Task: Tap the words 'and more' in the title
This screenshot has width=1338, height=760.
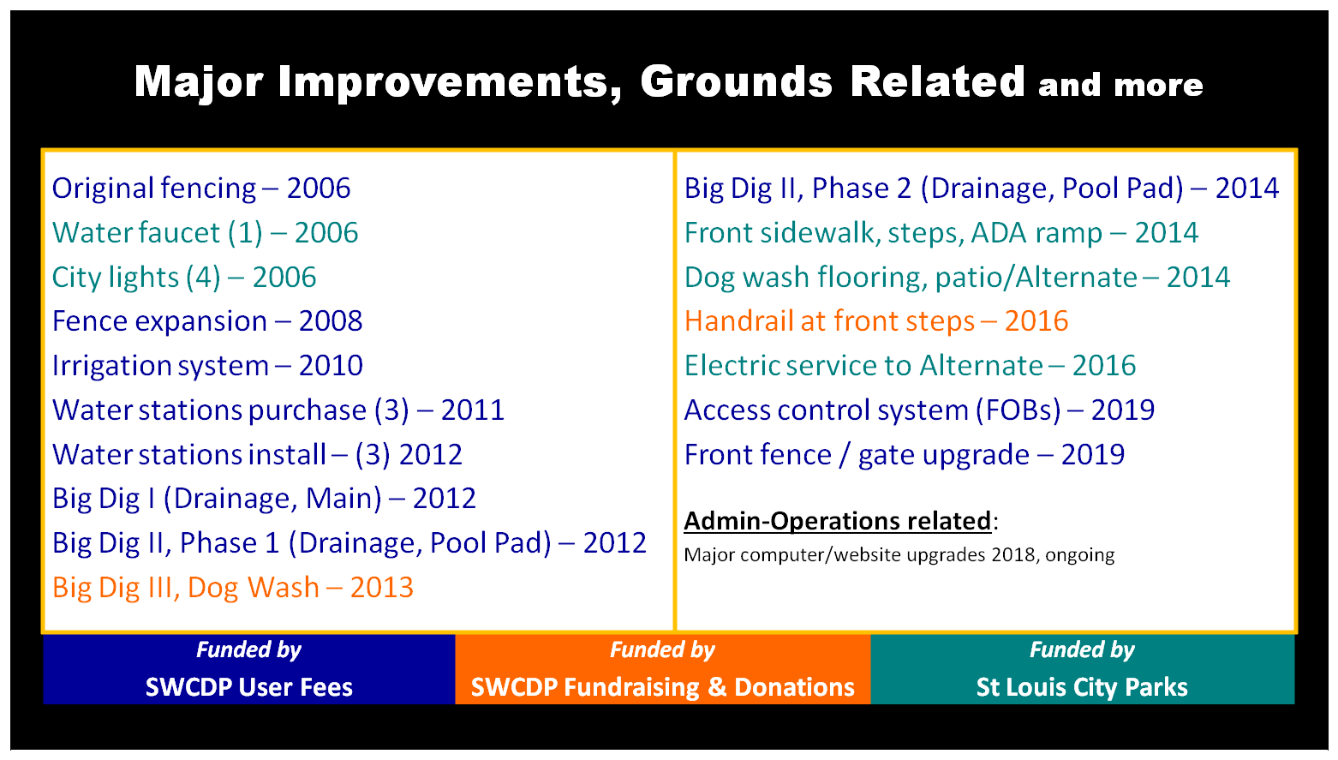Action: coord(1120,86)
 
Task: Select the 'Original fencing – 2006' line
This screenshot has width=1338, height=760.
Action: coord(201,189)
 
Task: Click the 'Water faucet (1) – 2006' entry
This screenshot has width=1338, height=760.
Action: coord(205,233)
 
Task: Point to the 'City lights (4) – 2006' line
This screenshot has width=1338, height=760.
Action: coord(184,278)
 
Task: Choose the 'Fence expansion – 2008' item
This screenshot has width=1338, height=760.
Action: coord(207,321)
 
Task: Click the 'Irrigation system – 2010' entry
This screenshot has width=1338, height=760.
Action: coord(207,366)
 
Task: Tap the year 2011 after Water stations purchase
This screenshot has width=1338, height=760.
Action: coord(473,410)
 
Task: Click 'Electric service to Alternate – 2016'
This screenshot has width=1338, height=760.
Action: coord(910,366)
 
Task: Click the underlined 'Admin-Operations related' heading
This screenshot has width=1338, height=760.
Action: coord(838,521)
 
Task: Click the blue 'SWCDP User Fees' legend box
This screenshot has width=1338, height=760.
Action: coord(249,669)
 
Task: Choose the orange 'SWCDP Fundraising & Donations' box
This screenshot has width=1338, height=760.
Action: coord(663,669)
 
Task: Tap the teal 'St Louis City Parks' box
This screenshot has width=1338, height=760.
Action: coord(1083,669)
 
